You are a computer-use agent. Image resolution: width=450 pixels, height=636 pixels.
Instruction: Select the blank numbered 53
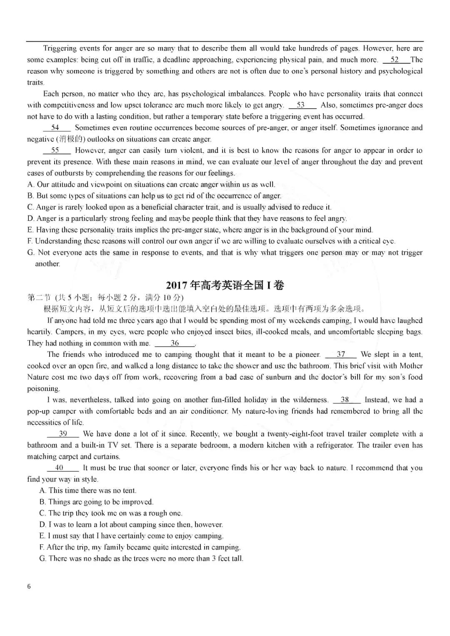coord(301,105)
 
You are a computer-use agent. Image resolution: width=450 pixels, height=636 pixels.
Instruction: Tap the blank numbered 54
coord(56,128)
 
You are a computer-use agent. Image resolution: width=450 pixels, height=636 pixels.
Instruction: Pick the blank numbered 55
coord(56,150)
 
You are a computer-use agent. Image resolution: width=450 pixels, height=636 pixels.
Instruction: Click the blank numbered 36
coord(175,343)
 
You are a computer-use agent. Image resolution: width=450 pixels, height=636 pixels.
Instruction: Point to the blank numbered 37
coord(341,355)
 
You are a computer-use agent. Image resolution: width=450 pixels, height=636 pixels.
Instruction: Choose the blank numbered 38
coord(345,400)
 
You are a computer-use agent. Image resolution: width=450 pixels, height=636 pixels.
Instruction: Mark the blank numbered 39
coord(63,434)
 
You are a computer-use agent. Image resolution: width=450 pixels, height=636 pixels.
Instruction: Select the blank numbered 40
coord(60,468)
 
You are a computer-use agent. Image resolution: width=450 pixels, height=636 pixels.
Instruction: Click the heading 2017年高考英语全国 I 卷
coord(225,285)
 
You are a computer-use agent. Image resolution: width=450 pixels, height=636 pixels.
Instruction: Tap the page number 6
coord(29,587)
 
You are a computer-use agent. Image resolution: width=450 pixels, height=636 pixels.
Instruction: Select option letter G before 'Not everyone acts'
coord(30,253)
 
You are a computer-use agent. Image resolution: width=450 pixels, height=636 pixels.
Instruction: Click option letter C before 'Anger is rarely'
coord(30,207)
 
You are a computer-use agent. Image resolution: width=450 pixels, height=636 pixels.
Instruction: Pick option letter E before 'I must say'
coord(42,536)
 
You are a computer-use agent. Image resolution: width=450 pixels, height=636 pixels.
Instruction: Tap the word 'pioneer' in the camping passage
coord(307,355)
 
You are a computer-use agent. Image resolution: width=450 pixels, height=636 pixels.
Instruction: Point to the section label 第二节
coord(39,298)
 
